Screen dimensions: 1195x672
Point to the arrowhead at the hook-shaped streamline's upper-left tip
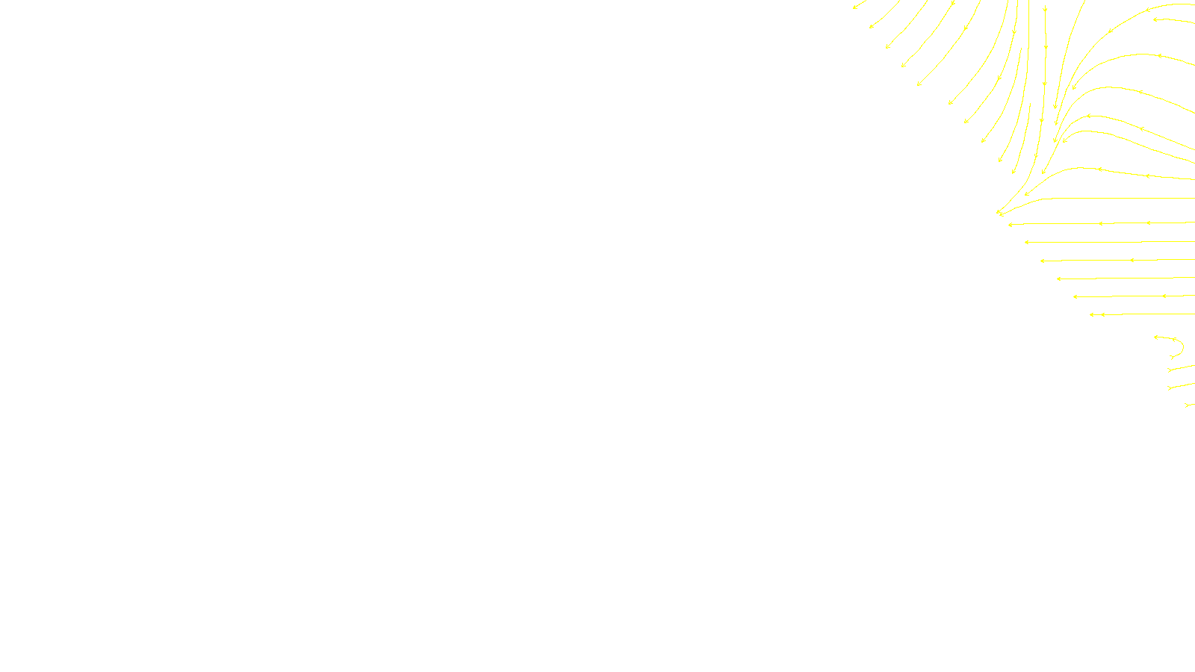(x=1156, y=337)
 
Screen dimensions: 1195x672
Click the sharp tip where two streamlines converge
(x=999, y=213)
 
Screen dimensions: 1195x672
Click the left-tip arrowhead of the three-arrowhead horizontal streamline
(x=1011, y=225)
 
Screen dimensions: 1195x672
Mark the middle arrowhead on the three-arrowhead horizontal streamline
(x=1101, y=223)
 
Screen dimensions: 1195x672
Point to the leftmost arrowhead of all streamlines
(x=854, y=7)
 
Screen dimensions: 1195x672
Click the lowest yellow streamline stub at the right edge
(x=1189, y=405)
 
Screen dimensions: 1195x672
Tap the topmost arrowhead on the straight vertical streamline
(x=1045, y=10)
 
